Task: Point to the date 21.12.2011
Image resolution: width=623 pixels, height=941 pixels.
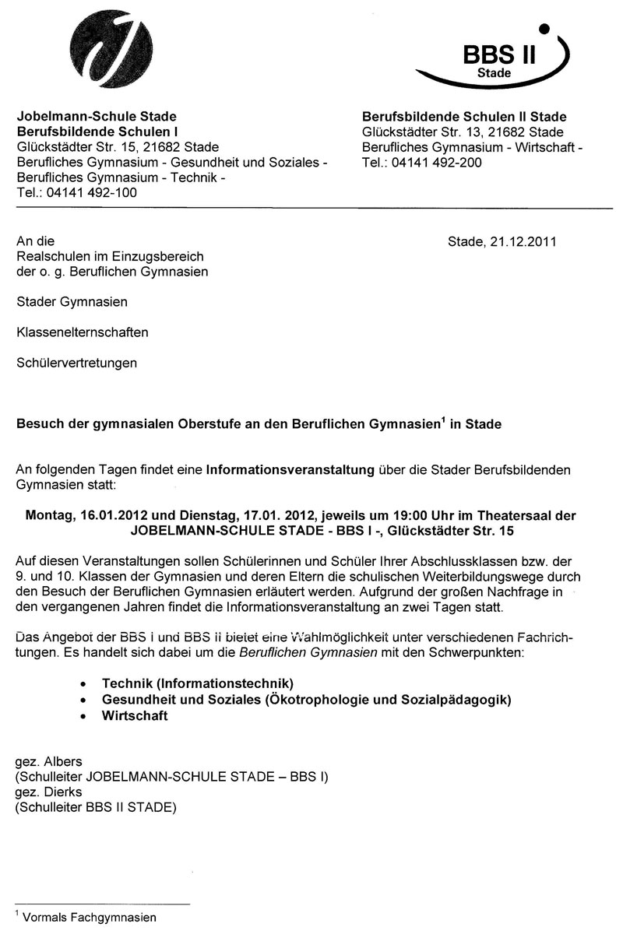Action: (524, 241)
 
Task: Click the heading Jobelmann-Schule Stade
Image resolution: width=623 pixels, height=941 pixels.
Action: (97, 117)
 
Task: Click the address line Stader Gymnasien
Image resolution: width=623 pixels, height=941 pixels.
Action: (72, 302)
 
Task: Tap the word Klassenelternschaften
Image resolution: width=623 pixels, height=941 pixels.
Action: (83, 332)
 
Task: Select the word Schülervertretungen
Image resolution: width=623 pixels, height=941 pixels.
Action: (77, 363)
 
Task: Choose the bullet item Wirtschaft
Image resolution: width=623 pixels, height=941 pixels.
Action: (135, 716)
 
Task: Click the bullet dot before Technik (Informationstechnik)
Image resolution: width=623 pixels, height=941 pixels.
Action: (83, 683)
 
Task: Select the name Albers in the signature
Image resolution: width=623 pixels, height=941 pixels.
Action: (63, 760)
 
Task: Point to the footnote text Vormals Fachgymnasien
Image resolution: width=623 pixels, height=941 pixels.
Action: (90, 917)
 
